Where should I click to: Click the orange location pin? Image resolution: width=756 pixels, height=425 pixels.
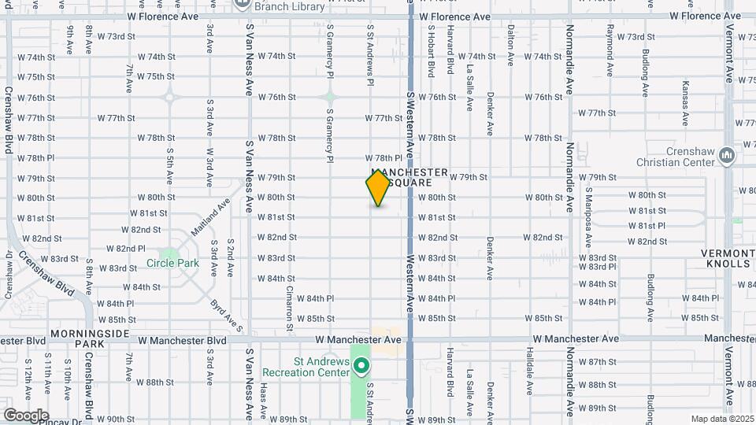[x=379, y=188]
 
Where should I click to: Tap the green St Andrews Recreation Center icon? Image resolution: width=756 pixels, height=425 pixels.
[x=361, y=365]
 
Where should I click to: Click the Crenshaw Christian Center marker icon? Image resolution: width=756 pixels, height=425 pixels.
[x=726, y=157]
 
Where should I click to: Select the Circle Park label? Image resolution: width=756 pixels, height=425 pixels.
[x=172, y=263]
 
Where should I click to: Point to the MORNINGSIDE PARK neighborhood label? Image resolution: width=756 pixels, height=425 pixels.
[x=89, y=338]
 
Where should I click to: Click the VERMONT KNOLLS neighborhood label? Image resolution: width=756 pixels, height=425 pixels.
[x=725, y=258]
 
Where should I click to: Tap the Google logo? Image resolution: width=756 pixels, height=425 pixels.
[x=26, y=415]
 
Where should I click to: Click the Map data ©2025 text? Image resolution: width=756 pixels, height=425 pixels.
[x=721, y=419]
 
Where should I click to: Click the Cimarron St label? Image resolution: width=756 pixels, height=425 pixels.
[x=290, y=308]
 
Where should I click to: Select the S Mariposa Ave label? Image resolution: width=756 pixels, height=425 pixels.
[x=588, y=212]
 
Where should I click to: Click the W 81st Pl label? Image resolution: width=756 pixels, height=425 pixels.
[x=647, y=225]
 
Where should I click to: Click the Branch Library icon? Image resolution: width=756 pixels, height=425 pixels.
[x=242, y=4]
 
